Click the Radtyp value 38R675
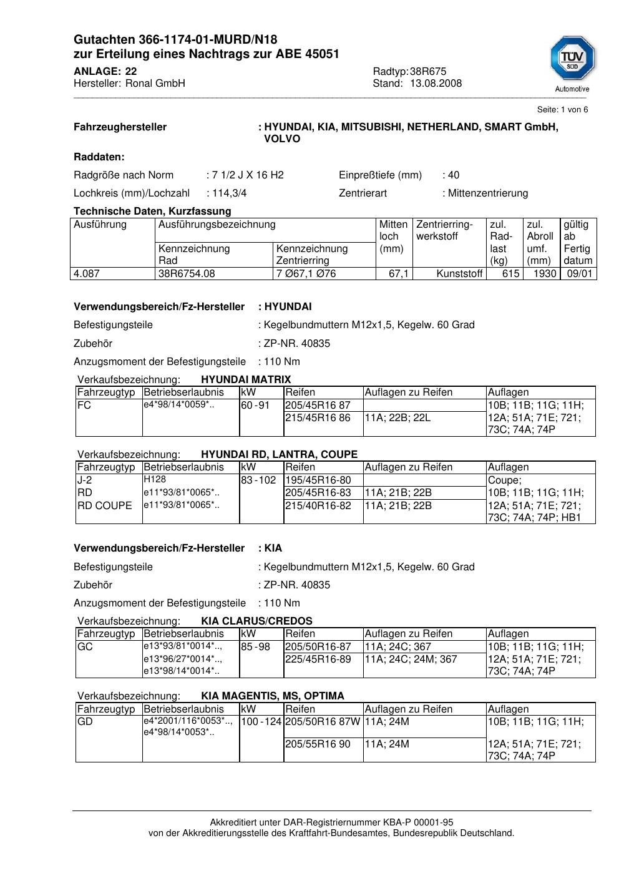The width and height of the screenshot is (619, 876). click(428, 71)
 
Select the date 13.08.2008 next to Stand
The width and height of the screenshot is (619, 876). click(436, 84)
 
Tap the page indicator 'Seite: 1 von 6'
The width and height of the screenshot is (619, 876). click(562, 110)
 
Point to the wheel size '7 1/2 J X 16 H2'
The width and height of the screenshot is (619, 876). click(248, 175)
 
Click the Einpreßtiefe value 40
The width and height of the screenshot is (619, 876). click(454, 175)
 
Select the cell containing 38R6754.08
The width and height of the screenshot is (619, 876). click(187, 273)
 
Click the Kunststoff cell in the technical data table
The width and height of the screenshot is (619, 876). click(459, 273)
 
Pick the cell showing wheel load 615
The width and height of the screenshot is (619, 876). click(510, 273)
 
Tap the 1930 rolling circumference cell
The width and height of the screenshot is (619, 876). click(545, 273)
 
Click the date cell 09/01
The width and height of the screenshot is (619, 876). click(579, 273)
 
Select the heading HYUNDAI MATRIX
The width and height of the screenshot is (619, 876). click(246, 379)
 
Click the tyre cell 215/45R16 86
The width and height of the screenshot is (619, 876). click(318, 417)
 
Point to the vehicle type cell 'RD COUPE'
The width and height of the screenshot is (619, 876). click(104, 505)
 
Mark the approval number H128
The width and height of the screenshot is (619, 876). click(155, 479)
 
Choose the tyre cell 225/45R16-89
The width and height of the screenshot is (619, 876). click(318, 659)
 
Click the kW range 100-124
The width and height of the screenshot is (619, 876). click(261, 722)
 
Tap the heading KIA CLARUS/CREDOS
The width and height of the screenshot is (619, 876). click(256, 621)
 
